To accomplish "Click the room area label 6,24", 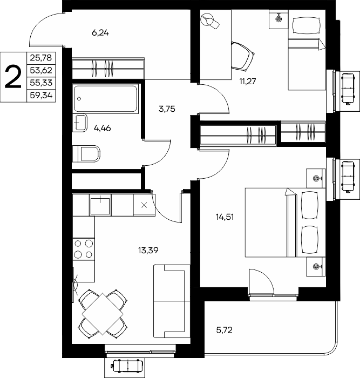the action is pos(100,32).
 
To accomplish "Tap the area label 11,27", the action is pos(248,81).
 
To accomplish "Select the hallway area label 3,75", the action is pos(167,109).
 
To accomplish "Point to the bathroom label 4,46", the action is pos(102,128).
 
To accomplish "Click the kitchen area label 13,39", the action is pos(148,251).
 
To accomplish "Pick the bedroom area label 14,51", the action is pos(225,217).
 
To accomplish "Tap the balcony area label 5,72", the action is pos(224,330).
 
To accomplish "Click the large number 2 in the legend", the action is pos(13,77).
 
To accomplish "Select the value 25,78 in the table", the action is pos(41,58).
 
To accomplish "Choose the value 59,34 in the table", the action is pos(41,96).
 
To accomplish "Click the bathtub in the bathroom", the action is pos(106,98).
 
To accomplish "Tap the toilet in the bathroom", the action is pos(86,153).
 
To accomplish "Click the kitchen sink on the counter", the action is pos(100,205).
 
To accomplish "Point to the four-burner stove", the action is pos(83,249).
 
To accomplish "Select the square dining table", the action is pos(103,314).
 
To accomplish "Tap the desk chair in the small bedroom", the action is pos(243,56).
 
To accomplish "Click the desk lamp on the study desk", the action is pos(210,21).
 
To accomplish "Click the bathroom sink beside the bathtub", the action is pos(79,123).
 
